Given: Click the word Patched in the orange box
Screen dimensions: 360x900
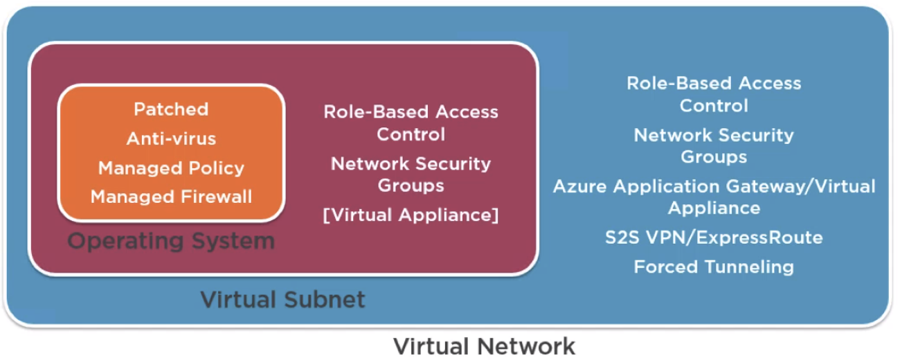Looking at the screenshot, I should click(x=171, y=109).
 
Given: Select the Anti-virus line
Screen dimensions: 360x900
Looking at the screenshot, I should click(x=171, y=139).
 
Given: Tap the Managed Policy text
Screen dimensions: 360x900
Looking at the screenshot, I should click(x=171, y=168).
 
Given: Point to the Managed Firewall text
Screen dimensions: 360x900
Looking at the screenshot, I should click(x=171, y=197).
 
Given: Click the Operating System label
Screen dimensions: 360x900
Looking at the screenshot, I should click(x=171, y=242).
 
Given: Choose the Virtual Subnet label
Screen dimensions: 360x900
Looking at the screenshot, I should click(x=282, y=300).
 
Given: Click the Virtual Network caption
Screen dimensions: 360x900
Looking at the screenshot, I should click(x=484, y=345).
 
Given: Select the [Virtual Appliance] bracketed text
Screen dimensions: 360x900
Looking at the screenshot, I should click(x=411, y=215).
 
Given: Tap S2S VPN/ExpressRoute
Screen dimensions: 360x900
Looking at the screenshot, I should click(x=714, y=238).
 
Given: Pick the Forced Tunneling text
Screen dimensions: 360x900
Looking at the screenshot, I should click(x=714, y=267).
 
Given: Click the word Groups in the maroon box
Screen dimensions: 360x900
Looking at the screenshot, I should click(x=411, y=186).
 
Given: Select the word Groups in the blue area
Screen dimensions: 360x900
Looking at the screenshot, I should click(x=714, y=157).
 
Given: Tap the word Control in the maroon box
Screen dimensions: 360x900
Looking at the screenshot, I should click(x=411, y=134).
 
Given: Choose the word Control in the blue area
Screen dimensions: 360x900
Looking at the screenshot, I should click(x=714, y=106).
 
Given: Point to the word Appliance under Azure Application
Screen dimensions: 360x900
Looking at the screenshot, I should click(x=714, y=208).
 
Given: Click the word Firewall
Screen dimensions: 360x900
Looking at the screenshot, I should click(x=217, y=197).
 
